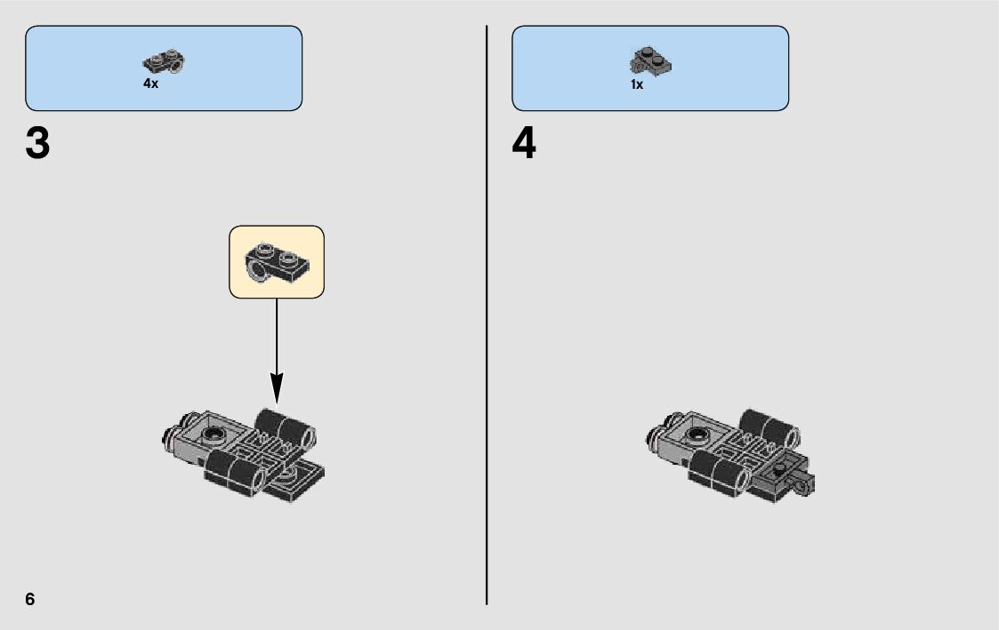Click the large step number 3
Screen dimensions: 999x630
pos(38,145)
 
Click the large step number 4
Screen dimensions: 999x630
pos(524,145)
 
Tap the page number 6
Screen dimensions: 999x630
pos(30,599)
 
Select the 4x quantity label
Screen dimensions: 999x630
pos(150,84)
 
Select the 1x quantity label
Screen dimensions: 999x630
pos(636,85)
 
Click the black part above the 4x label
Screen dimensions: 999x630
pos(164,62)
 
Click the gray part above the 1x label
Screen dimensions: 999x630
pos(650,61)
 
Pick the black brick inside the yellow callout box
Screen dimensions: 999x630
pos(277,260)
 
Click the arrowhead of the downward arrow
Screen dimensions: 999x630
pos(277,387)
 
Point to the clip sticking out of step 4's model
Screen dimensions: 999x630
pos(807,485)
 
